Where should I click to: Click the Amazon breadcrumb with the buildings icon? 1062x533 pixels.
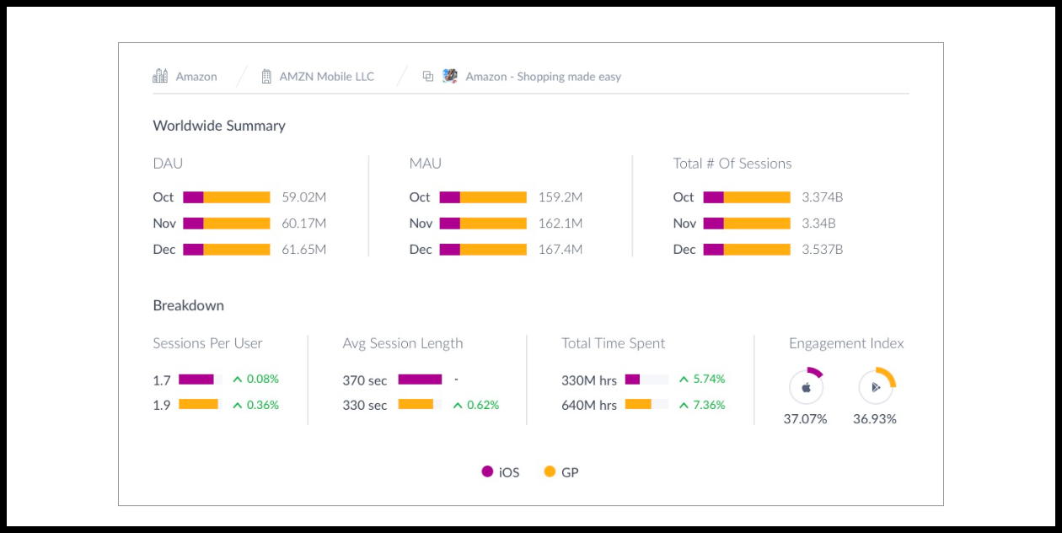(x=185, y=77)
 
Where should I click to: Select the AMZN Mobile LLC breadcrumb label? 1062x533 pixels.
(x=326, y=77)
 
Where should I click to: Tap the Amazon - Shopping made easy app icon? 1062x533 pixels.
(x=450, y=76)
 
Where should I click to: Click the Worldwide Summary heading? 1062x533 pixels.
(x=219, y=126)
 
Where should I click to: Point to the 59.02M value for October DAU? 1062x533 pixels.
(x=303, y=197)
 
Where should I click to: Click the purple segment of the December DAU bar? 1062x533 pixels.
(x=193, y=250)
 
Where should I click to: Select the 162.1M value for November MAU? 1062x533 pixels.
(x=560, y=223)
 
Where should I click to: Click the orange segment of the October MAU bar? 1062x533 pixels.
(x=493, y=197)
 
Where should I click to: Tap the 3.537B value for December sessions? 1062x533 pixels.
(x=822, y=250)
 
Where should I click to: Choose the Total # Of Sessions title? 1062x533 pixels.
(x=732, y=164)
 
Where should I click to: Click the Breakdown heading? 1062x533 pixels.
(x=188, y=305)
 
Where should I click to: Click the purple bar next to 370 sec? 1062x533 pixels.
(x=420, y=380)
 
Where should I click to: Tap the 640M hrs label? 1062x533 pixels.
(x=589, y=405)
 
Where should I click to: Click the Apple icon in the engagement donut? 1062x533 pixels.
(x=806, y=388)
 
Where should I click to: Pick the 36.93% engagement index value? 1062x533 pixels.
(x=875, y=419)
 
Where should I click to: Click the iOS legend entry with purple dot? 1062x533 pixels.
(x=501, y=472)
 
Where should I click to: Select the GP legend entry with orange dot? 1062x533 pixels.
(x=561, y=472)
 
